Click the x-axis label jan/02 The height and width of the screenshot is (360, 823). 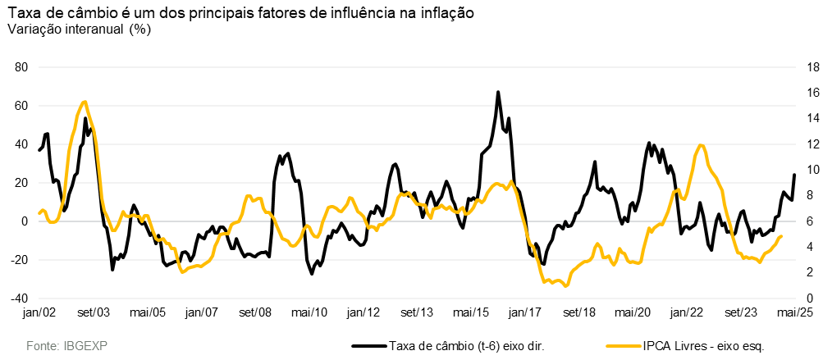(39, 312)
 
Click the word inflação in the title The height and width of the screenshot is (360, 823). (446, 14)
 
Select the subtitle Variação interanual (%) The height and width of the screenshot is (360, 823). (79, 29)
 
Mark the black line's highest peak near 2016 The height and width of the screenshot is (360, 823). (498, 93)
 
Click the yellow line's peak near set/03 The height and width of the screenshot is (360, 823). (85, 103)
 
